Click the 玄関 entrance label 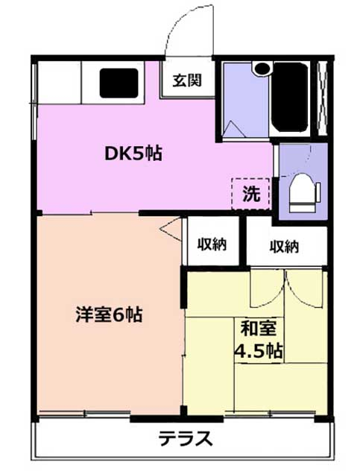click(x=186, y=80)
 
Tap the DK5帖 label click(x=133, y=154)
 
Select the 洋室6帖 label click(x=109, y=314)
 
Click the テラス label click(x=185, y=438)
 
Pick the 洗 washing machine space click(x=251, y=194)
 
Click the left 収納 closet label click(x=212, y=245)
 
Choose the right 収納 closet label click(x=284, y=247)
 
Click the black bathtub click(x=291, y=97)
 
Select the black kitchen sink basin click(x=119, y=83)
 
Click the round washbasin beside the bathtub click(x=262, y=68)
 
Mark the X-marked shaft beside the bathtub click(x=323, y=98)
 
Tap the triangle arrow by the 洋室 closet click(x=171, y=229)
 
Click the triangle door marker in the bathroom click(x=234, y=129)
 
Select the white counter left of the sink click(x=60, y=82)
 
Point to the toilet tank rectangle click(x=318, y=192)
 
